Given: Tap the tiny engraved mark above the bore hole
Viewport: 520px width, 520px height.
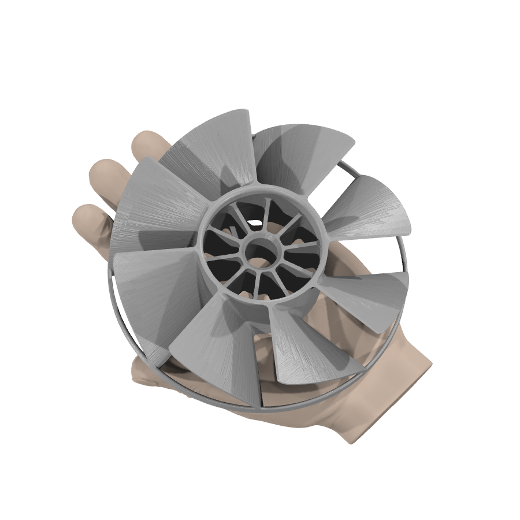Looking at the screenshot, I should point(267,237).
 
